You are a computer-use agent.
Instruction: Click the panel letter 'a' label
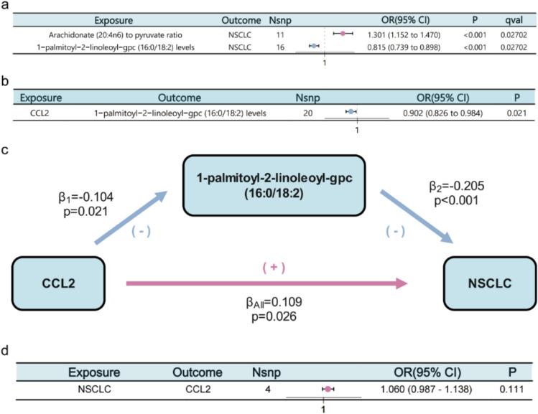pyautogui.click(x=5, y=6)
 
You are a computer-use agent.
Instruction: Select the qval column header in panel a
pyautogui.click(x=514, y=21)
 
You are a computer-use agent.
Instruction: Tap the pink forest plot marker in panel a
pyautogui.click(x=343, y=34)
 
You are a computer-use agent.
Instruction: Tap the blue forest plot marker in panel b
pyautogui.click(x=351, y=112)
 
